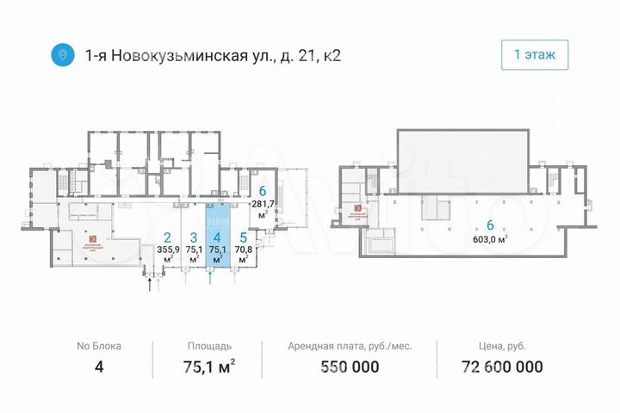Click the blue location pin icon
pos(61,55)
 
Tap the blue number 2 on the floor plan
pos(168,238)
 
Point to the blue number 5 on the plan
pos(244,238)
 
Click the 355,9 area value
pos(168,251)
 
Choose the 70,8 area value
pos(244,251)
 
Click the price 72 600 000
pos(491,367)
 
